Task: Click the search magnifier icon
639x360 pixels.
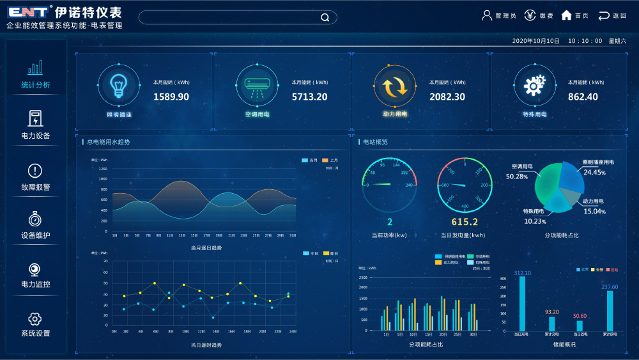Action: coord(325,17)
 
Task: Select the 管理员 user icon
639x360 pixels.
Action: coord(487,15)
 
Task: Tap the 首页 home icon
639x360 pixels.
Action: coord(566,15)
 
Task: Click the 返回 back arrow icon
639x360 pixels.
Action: coord(604,15)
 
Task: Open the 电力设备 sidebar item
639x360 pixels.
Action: coord(36,125)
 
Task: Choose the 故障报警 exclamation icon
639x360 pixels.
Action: coord(35,171)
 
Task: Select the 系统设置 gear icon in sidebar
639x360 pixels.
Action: coord(35,318)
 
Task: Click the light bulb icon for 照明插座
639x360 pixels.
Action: coord(118,84)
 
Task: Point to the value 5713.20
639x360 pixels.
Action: coord(309,97)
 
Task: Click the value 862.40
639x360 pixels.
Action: coord(583,97)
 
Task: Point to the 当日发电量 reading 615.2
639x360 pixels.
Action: coord(465,222)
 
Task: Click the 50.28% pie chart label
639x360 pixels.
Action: coord(517,176)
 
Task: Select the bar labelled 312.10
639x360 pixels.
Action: coord(523,303)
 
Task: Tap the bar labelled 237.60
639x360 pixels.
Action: coord(610,311)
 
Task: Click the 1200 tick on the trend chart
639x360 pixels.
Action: coord(103,169)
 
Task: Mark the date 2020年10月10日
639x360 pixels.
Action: coord(535,41)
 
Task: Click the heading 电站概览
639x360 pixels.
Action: coord(375,142)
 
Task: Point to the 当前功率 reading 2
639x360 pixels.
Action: coord(389,222)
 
